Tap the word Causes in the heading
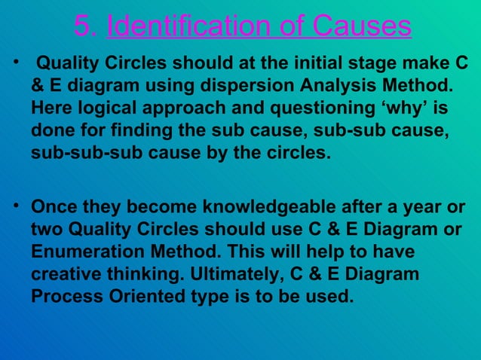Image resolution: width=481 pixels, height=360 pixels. [x=362, y=26]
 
